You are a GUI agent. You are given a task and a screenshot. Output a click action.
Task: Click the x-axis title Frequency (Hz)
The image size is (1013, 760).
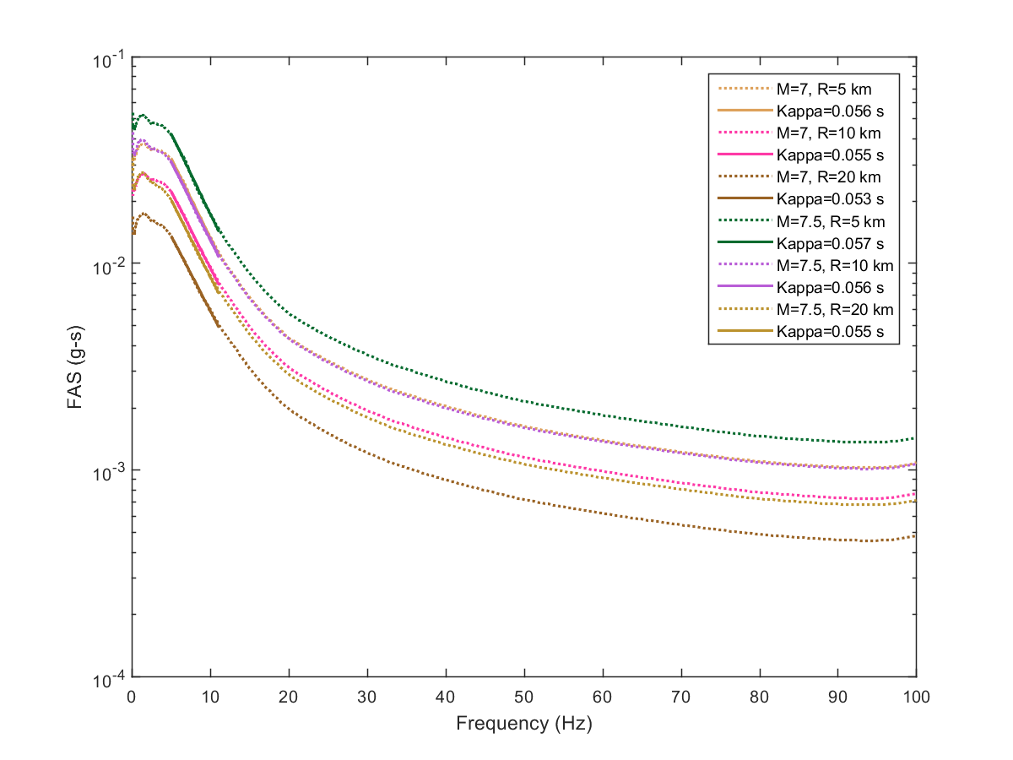click(523, 724)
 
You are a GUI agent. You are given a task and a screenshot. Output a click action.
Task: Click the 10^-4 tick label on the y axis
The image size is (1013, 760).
click(108, 677)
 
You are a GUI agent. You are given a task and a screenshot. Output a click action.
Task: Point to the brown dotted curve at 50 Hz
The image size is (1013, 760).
click(524, 500)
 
